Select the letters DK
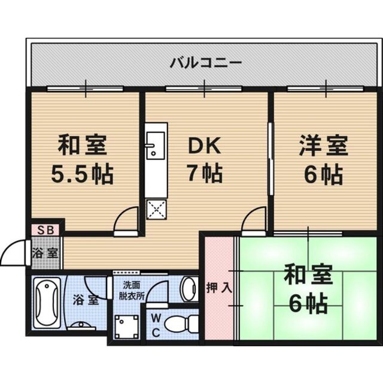205,146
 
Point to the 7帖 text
205,174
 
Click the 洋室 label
323,146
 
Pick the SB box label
45,229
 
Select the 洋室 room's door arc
254,219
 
